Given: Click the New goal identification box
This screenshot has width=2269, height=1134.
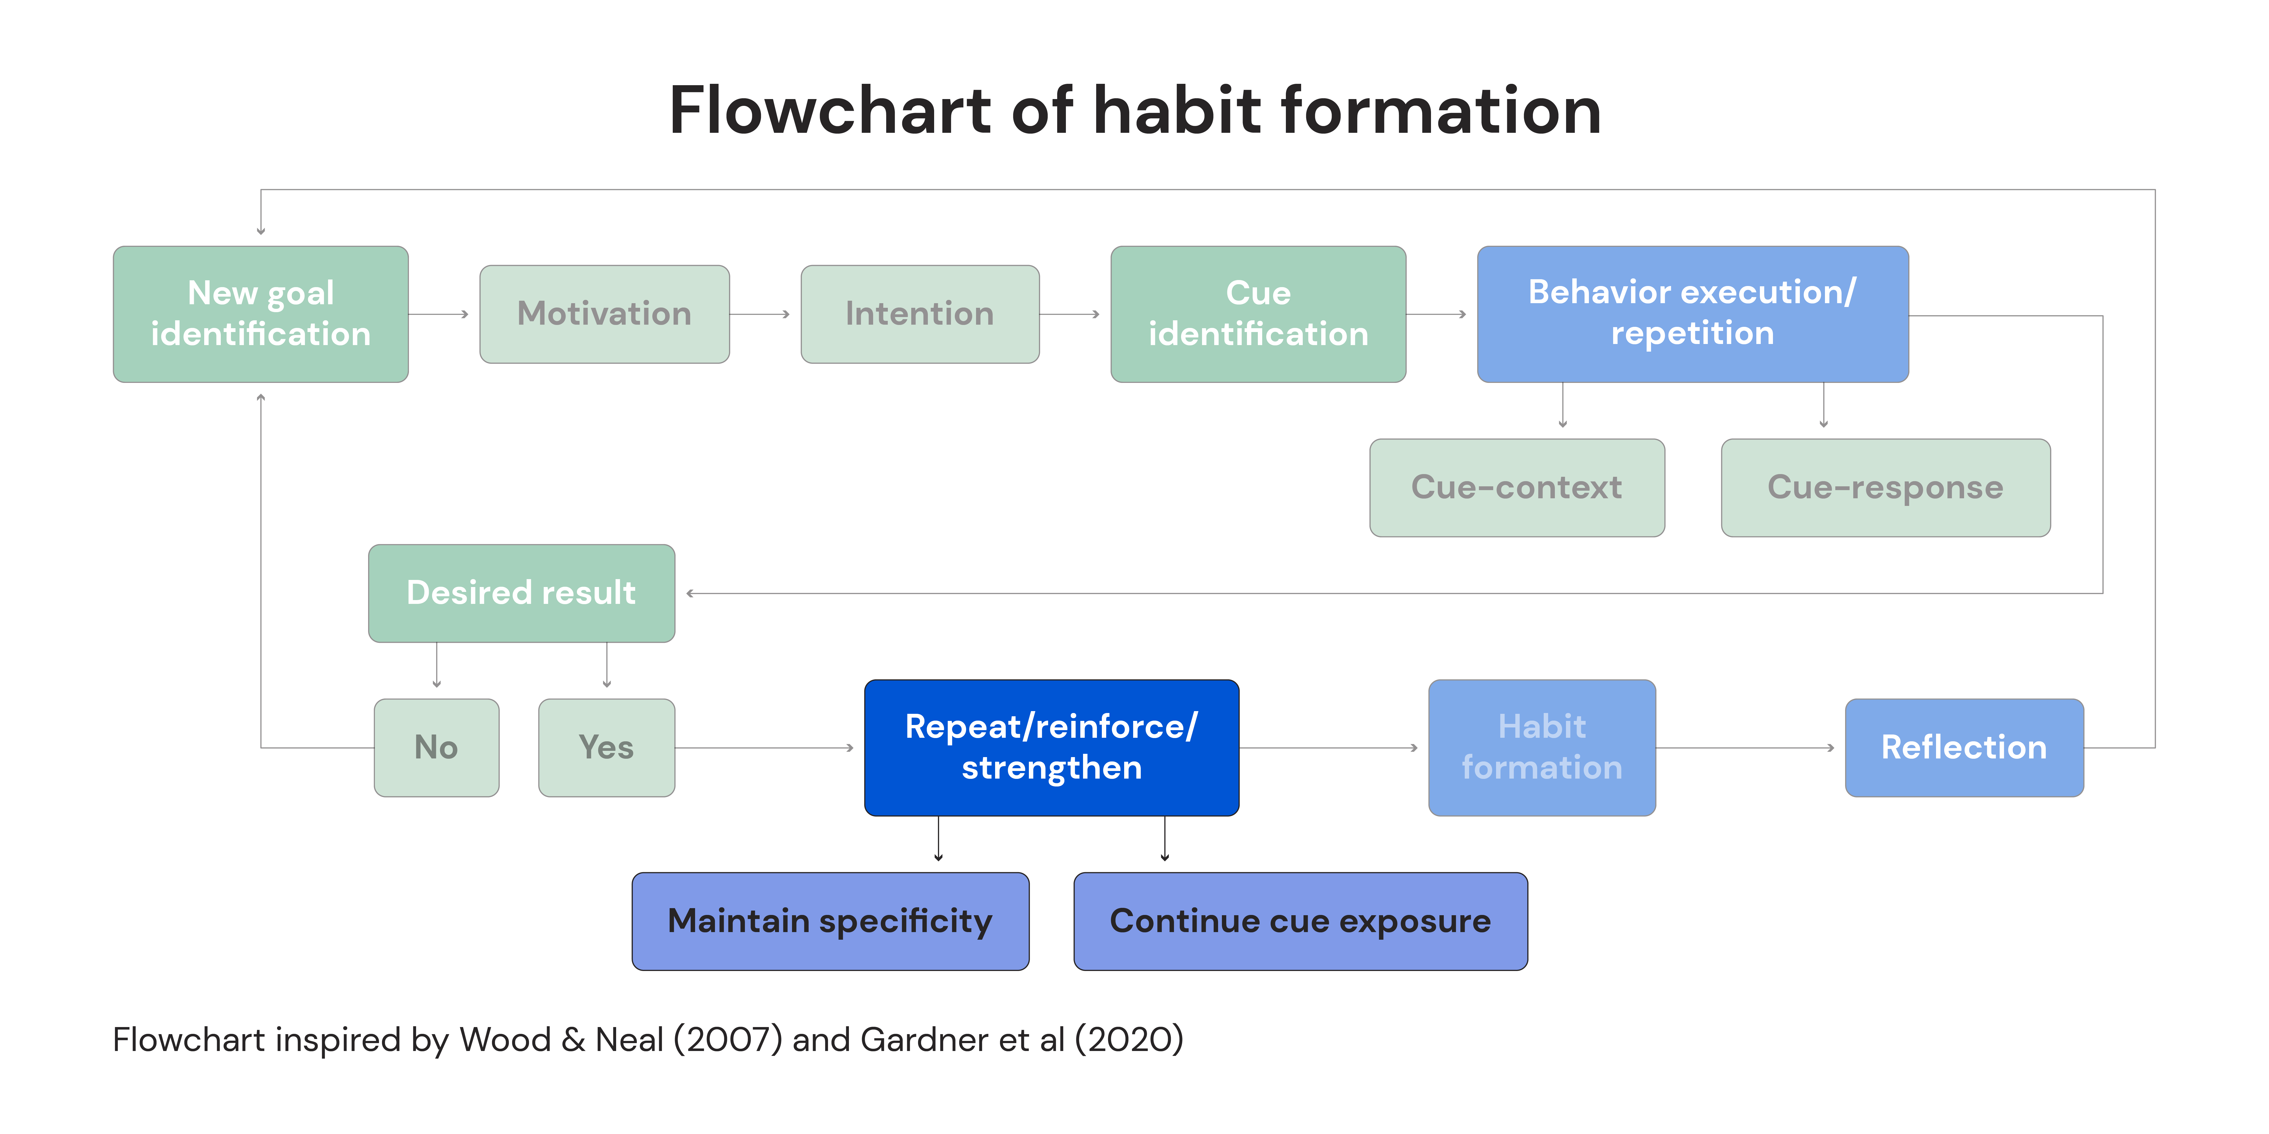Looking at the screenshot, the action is pos(261,314).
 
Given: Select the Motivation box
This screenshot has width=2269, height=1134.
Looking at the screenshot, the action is pos(604,314).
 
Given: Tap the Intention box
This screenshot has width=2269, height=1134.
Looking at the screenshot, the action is pos(920,314).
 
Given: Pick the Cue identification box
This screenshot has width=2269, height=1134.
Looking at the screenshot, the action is pos(1258,314).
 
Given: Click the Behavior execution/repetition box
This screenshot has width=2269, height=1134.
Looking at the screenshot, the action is pos(1693,314).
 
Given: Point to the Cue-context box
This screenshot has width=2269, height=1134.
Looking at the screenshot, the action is pos(1517,488).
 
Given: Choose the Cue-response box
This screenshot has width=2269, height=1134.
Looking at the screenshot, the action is pos(1886,488).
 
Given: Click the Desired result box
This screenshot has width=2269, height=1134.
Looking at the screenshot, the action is pos(521,594).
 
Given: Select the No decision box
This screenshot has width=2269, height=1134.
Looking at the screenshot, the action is pos(436,748).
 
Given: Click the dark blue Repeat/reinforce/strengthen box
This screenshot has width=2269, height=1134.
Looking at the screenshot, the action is pos(1052,748).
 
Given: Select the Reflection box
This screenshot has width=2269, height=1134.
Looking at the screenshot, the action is pos(1964,748).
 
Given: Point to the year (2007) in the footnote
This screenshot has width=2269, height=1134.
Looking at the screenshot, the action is pos(727,1040).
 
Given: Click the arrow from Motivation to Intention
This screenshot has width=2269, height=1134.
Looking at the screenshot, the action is pos(760,314).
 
